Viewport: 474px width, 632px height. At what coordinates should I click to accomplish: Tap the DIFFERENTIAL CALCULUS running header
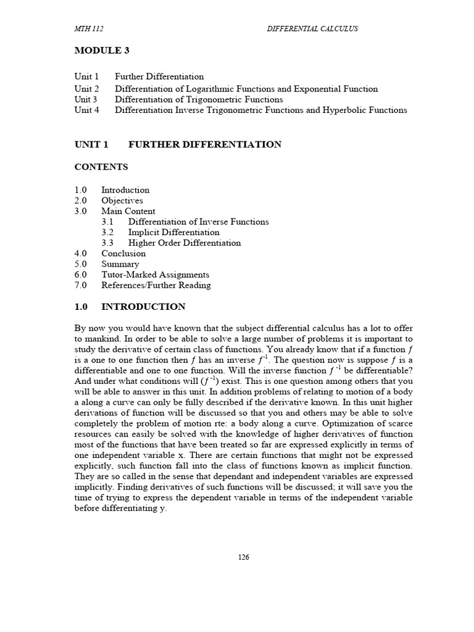click(x=312, y=29)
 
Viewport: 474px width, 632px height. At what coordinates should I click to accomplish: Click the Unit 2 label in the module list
click(x=86, y=89)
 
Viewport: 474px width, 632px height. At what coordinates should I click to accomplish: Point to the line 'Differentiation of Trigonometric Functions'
click(x=199, y=99)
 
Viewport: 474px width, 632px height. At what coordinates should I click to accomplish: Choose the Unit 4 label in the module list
click(x=86, y=110)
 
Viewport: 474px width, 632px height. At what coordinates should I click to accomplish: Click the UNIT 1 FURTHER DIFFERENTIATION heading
click(x=178, y=144)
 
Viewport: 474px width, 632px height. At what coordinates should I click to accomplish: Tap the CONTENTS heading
click(x=101, y=167)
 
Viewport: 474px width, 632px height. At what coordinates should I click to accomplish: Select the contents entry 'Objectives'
click(x=122, y=201)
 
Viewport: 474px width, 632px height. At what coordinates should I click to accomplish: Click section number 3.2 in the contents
click(x=108, y=232)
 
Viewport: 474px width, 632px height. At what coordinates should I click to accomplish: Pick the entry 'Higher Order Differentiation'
click(x=185, y=243)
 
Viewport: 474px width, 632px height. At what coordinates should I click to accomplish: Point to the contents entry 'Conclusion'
click(x=123, y=253)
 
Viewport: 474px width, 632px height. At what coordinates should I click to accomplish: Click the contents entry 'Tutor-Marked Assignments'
click(x=156, y=275)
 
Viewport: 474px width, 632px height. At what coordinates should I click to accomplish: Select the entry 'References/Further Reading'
click(x=156, y=285)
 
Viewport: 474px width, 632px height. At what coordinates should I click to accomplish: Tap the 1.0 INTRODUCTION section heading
click(x=130, y=307)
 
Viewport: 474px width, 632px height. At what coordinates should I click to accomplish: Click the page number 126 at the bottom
click(x=244, y=557)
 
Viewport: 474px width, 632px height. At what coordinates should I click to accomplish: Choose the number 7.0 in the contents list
click(x=81, y=285)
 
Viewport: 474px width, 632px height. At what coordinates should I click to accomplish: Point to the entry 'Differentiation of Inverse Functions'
click(x=198, y=222)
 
